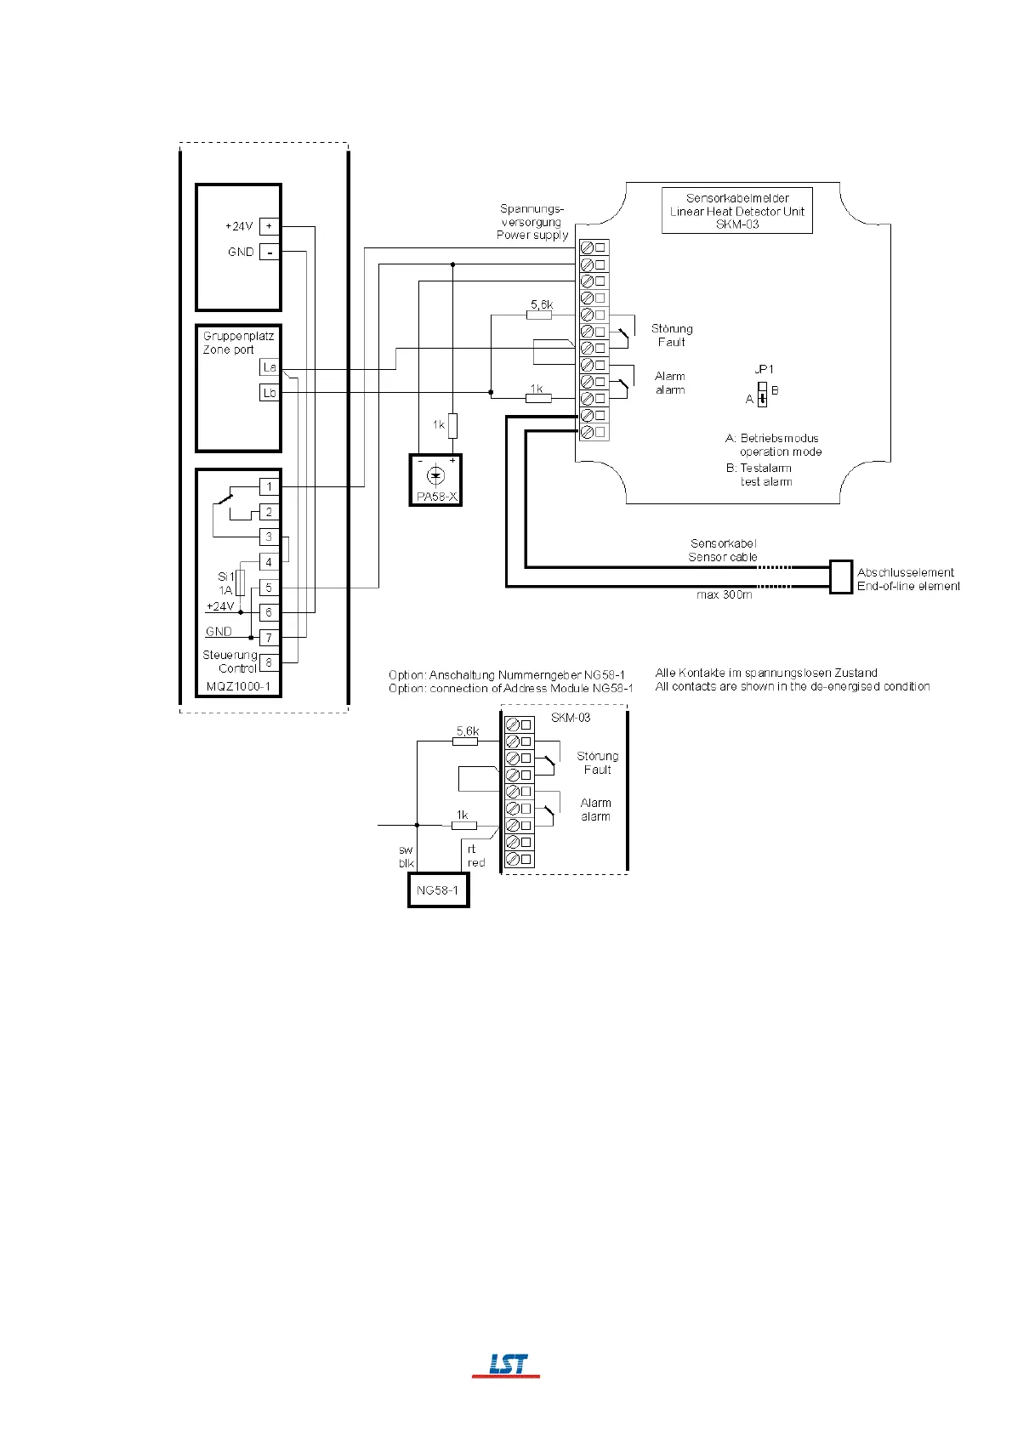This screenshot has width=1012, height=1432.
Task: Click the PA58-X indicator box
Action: coord(435,480)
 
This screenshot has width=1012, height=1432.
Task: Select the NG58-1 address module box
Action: coord(438,890)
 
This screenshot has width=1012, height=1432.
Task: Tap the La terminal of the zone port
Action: coord(269,367)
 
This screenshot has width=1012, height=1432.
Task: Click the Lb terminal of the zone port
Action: coord(269,393)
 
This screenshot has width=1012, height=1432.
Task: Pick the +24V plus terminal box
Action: coord(269,226)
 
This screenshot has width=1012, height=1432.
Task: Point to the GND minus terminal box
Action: coord(269,252)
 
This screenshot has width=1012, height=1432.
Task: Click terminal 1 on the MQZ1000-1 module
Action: coord(269,486)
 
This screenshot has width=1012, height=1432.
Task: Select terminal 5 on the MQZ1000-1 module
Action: coord(269,587)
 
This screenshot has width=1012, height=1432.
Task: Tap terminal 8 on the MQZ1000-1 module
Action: coord(269,662)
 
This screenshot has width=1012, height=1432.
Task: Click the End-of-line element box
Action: coord(840,577)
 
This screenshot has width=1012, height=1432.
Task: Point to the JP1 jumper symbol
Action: coord(762,394)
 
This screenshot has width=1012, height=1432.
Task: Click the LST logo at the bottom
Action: coord(507,1365)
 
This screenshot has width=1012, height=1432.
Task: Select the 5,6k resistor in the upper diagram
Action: coord(539,315)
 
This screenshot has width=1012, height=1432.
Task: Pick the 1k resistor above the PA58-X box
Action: coord(452,425)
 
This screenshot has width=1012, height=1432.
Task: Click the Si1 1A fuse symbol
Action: coord(241,582)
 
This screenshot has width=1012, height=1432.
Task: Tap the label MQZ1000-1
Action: coord(238,686)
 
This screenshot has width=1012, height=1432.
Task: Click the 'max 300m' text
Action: coord(724,594)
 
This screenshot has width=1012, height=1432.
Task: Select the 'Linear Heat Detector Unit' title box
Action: coord(737,211)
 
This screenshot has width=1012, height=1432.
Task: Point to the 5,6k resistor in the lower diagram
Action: coord(465,742)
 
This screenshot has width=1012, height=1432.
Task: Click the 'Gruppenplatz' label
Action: coord(238,336)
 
